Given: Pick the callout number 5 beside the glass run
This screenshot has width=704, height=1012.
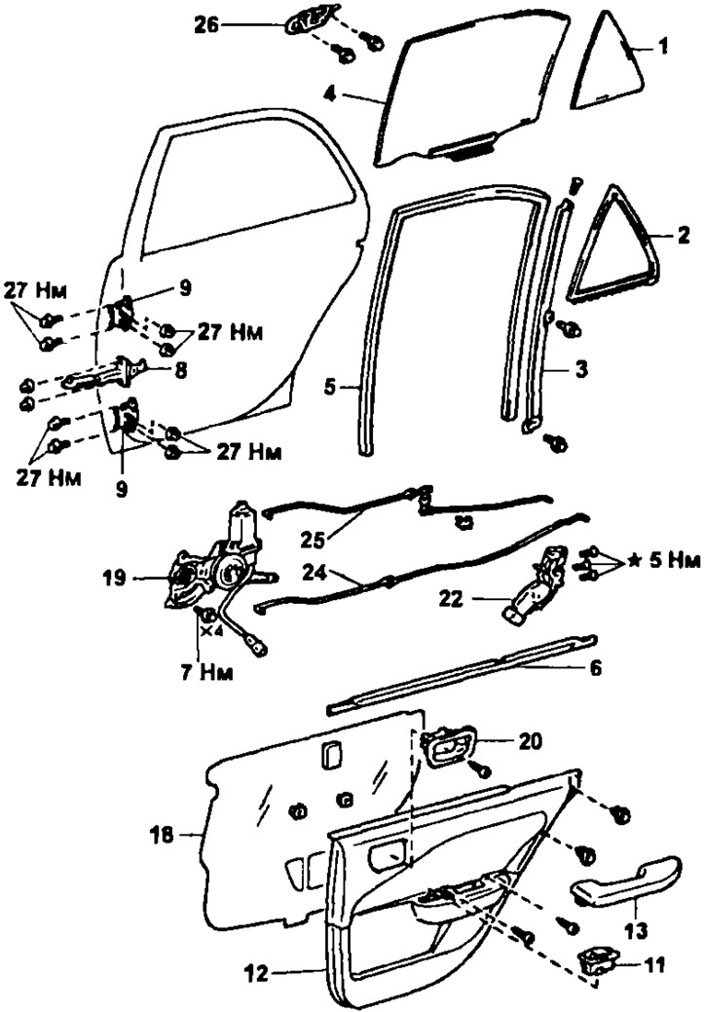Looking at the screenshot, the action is click(x=330, y=390).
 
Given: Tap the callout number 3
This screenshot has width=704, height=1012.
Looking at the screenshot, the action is click(x=581, y=370).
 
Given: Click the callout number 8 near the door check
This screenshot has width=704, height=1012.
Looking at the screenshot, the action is click(x=181, y=370).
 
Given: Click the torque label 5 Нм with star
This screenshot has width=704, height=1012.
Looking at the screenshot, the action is click(x=666, y=561).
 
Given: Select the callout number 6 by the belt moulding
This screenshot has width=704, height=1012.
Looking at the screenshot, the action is click(x=596, y=668).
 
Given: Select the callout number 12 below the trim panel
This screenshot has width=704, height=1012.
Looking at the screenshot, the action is click(x=257, y=974).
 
